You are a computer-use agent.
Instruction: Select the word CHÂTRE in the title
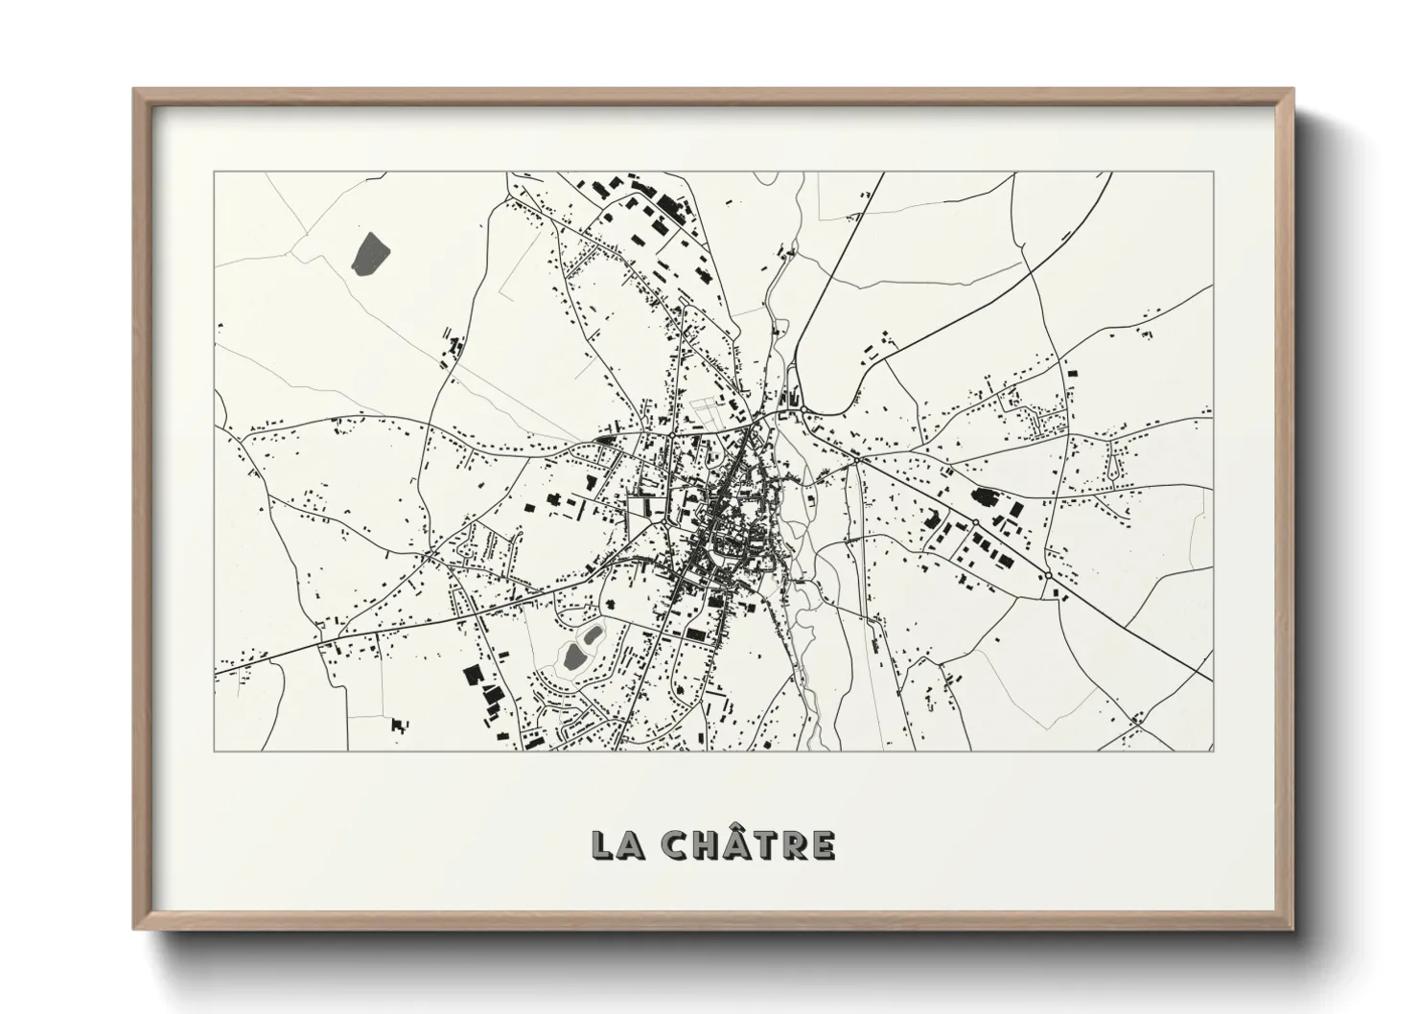tap(750, 844)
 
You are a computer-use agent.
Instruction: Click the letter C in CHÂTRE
tap(676, 845)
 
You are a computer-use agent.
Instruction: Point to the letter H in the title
tap(707, 845)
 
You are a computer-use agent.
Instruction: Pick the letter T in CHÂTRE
tap(765, 845)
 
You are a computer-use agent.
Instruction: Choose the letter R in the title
tap(794, 845)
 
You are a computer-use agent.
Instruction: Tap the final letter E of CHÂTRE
tap(823, 845)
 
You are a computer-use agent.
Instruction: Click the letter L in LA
tap(605, 845)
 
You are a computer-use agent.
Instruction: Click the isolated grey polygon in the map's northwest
tap(370, 253)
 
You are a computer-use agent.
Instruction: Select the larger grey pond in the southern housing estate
tap(574, 657)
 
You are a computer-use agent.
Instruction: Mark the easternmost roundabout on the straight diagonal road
tap(1050, 575)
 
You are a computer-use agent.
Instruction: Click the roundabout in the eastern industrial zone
tap(974, 522)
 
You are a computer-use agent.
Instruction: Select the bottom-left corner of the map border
tap(215, 750)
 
